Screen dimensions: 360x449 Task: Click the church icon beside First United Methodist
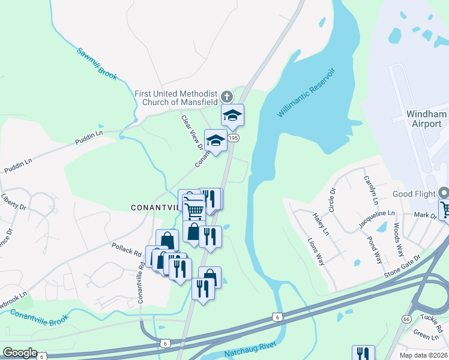[226, 96]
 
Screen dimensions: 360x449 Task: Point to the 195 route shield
[234, 138]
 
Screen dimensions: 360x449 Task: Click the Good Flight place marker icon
[444, 193]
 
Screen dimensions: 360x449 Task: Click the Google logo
[20, 353]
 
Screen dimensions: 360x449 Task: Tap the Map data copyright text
[423, 355]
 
